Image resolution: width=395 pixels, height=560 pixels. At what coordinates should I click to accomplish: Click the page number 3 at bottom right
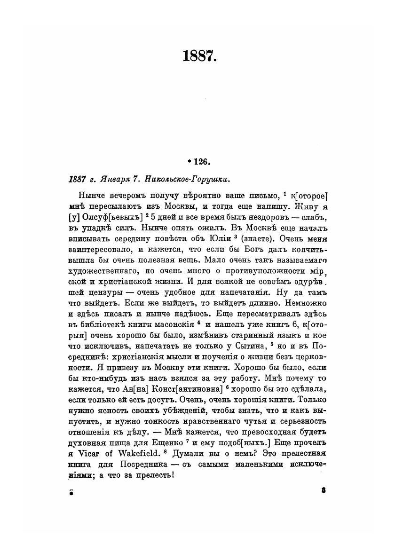pyautogui.click(x=324, y=490)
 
